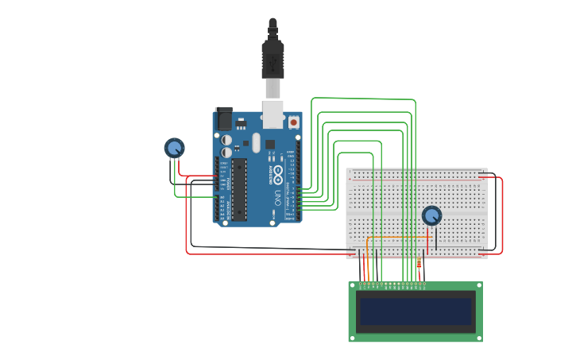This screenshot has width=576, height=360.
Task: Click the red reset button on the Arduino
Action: pyautogui.click(x=293, y=122)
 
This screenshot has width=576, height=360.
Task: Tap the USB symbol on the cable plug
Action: pyautogui.click(x=273, y=60)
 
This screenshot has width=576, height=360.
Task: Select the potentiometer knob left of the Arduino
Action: pyautogui.click(x=174, y=148)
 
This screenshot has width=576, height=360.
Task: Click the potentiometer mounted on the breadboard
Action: pyautogui.click(x=431, y=215)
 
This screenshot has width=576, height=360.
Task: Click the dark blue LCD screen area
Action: pyautogui.click(x=415, y=312)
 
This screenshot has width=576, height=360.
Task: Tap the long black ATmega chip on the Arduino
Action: pyautogui.click(x=238, y=189)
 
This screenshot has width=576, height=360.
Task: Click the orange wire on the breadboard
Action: pyautogui.click(x=397, y=237)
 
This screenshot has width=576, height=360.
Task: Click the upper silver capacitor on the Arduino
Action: pyautogui.click(x=226, y=140)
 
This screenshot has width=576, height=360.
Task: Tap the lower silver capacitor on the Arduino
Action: pyautogui.click(x=226, y=152)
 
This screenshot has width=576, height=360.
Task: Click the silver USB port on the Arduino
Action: pyautogui.click(x=273, y=114)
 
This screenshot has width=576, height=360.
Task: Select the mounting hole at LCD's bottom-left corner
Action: pyautogui.click(x=353, y=338)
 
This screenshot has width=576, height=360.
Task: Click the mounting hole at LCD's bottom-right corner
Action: pyautogui.click(x=478, y=338)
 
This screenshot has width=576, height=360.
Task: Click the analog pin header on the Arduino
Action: pyautogui.click(x=217, y=207)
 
